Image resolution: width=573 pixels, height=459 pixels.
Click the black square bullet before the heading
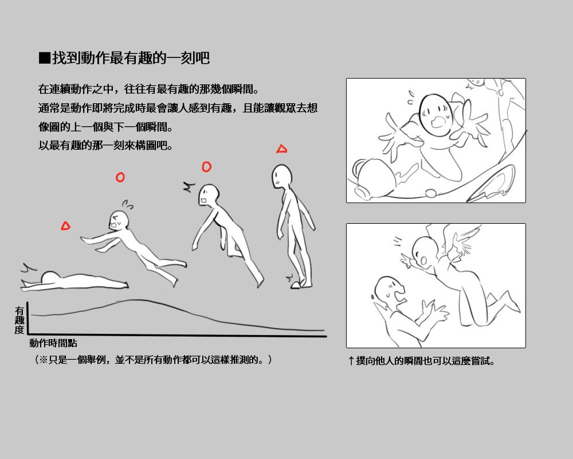(44, 58)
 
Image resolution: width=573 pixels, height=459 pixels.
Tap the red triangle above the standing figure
(281, 149)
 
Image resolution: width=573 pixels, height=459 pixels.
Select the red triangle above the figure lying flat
(65, 226)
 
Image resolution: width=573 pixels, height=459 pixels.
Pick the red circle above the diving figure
(120, 177)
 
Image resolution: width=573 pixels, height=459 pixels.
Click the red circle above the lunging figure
(206, 167)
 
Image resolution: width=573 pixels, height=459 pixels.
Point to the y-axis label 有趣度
(19, 320)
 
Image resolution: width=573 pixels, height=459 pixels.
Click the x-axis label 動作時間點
(53, 343)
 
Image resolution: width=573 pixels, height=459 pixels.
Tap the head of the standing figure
(282, 176)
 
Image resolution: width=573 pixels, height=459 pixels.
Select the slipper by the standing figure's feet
(295, 285)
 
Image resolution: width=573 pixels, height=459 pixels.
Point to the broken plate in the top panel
(492, 182)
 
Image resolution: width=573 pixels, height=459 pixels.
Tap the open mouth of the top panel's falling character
(438, 121)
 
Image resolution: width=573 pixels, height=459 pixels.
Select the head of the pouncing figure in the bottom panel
(425, 253)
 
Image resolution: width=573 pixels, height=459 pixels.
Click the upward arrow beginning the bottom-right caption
(351, 361)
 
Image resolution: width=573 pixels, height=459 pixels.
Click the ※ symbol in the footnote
(44, 360)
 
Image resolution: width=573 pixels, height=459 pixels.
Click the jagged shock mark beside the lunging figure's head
(189, 186)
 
